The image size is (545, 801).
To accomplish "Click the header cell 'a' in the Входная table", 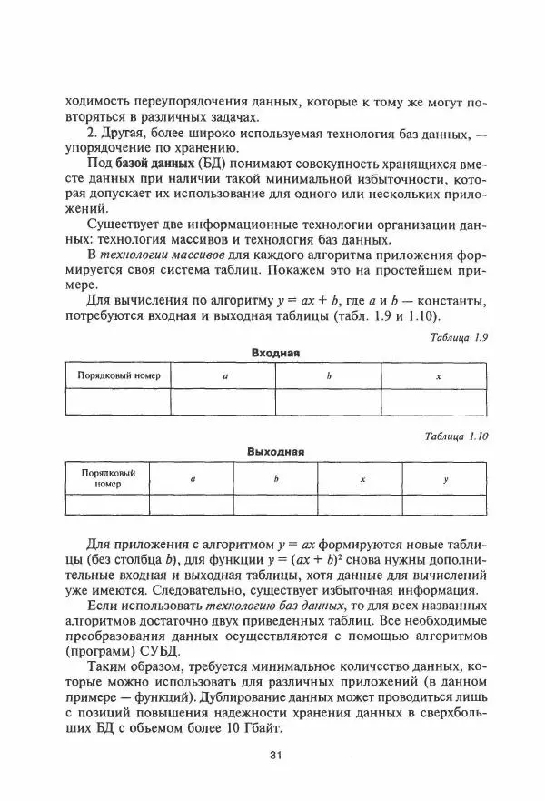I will click(224, 375).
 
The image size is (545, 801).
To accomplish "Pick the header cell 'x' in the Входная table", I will click(438, 375).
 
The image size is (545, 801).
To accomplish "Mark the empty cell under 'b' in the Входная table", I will click(328, 401).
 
